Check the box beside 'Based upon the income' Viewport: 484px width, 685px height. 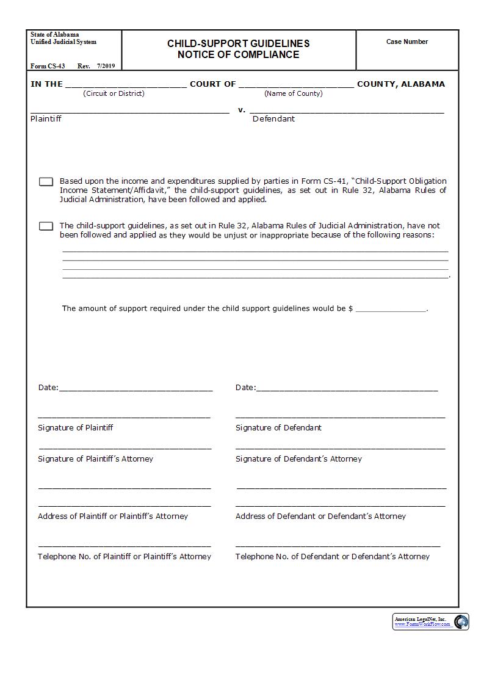[x=46, y=182]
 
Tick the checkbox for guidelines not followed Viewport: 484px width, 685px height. [x=46, y=227]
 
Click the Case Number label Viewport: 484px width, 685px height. [x=407, y=42]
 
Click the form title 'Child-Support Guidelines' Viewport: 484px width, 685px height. [x=239, y=44]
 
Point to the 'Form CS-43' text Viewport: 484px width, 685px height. [x=48, y=66]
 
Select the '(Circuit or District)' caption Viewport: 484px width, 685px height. [x=114, y=93]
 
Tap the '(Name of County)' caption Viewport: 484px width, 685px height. [x=293, y=93]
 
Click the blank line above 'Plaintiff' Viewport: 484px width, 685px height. [x=130, y=112]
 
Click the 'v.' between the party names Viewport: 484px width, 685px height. [x=242, y=111]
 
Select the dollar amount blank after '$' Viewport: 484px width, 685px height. [x=391, y=310]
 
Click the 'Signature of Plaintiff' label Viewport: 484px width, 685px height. [x=75, y=428]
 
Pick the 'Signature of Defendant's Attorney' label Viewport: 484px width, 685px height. [x=298, y=459]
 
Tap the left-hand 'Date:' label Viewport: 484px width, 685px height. [x=48, y=388]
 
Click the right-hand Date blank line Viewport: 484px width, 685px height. [x=347, y=389]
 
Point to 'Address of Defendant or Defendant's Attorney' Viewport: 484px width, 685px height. [x=320, y=516]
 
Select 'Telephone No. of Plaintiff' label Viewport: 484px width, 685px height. [x=125, y=557]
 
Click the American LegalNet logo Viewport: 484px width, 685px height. [x=431, y=622]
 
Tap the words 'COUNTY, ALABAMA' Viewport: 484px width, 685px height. [x=401, y=84]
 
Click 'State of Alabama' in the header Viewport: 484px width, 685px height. [x=55, y=35]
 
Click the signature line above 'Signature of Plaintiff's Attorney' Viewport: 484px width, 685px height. [x=125, y=448]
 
